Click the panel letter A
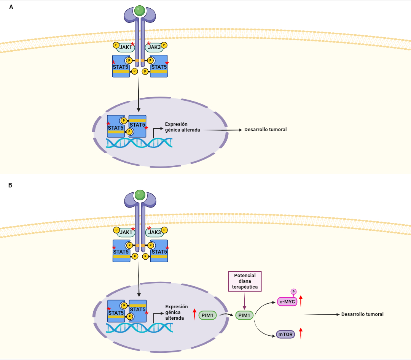pyautogui.click(x=11, y=7)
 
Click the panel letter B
pyautogui.click(x=11, y=185)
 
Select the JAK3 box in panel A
pyautogui.click(x=154, y=47)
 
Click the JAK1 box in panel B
pyautogui.click(x=126, y=232)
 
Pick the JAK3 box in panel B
pyautogui.click(x=155, y=232)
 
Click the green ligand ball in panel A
pyautogui.click(x=140, y=10)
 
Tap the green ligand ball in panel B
pyautogui.click(x=140, y=195)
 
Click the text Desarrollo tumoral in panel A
pyautogui.click(x=265, y=130)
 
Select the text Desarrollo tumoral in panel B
pyautogui.click(x=362, y=314)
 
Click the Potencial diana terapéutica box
pyautogui.click(x=245, y=282)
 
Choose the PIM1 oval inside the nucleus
pyautogui.click(x=207, y=315)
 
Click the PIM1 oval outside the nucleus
pyautogui.click(x=244, y=315)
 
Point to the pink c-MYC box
pyautogui.click(x=287, y=302)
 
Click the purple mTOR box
pyautogui.click(x=285, y=335)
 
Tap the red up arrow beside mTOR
pyautogui.click(x=301, y=333)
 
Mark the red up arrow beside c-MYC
pyautogui.click(x=301, y=300)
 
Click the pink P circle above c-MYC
pyautogui.click(x=293, y=292)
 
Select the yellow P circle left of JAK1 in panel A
pyautogui.click(x=116, y=45)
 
